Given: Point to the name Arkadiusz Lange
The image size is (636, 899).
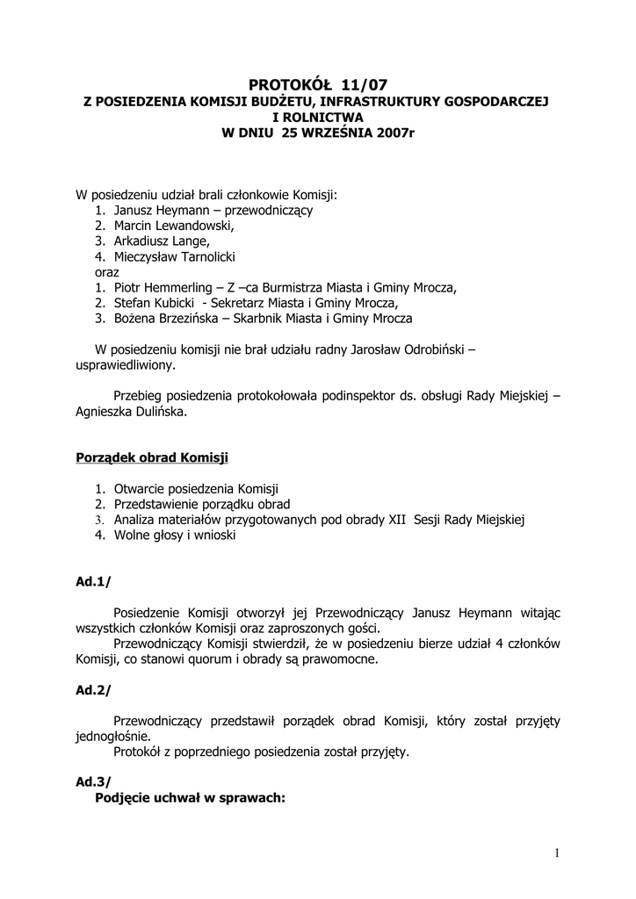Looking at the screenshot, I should pyautogui.click(x=162, y=241).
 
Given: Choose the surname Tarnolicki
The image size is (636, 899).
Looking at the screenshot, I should pyautogui.click(x=201, y=256).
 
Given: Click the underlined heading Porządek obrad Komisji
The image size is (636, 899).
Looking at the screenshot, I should pyautogui.click(x=152, y=457).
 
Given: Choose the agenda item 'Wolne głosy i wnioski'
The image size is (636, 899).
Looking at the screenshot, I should pyautogui.click(x=175, y=535).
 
